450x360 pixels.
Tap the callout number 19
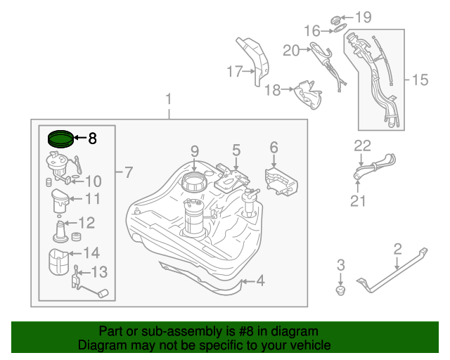(362, 16)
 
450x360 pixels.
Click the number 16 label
(312, 30)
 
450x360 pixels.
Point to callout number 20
(291, 50)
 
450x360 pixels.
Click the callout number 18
(272, 89)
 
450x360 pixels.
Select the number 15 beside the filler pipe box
(419, 80)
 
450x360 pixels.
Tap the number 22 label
(361, 146)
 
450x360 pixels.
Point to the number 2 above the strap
(397, 247)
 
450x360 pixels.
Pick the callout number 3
(341, 264)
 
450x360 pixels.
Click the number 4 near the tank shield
(259, 281)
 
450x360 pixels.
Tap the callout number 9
(195, 150)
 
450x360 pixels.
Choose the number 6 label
(274, 147)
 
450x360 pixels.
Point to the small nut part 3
(341, 290)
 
